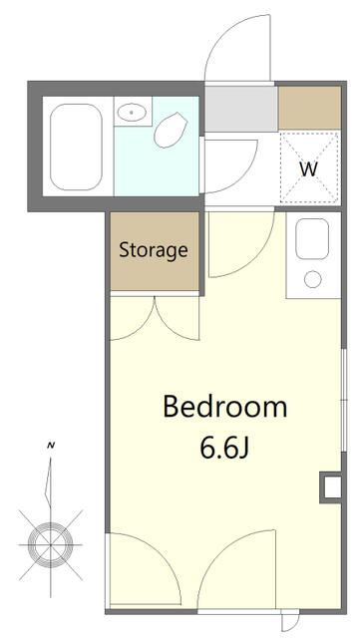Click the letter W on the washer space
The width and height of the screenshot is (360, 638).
[x=309, y=168]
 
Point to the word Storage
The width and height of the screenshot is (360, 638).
[x=154, y=250]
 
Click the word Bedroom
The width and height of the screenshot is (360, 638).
[x=224, y=407]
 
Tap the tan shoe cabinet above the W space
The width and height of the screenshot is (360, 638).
[x=310, y=108]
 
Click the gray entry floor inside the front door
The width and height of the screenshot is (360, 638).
[x=240, y=108]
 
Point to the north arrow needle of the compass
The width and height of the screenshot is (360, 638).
[x=51, y=488]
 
